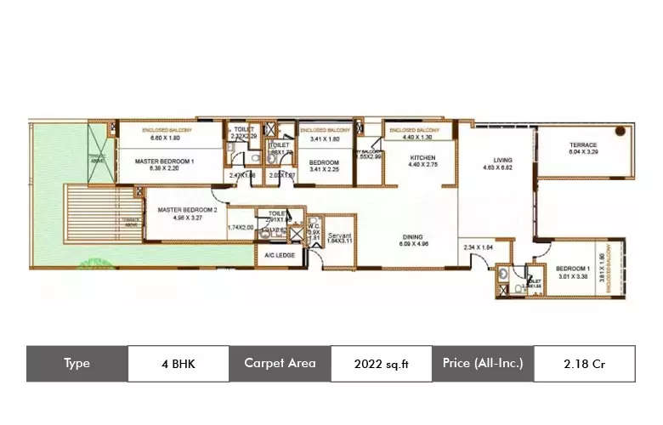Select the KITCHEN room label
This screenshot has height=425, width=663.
click(422, 158)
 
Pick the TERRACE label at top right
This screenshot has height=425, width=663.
click(583, 145)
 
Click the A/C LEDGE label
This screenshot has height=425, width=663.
click(280, 255)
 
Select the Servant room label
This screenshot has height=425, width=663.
click(339, 235)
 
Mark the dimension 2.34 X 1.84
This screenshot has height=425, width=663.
click(479, 247)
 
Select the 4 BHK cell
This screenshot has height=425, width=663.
click(178, 363)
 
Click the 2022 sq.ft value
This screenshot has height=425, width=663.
click(381, 363)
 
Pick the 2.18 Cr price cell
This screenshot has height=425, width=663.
click(584, 363)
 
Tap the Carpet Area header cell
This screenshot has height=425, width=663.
click(280, 363)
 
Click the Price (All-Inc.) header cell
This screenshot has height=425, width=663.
click(483, 363)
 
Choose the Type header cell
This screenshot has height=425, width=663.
click(76, 363)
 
